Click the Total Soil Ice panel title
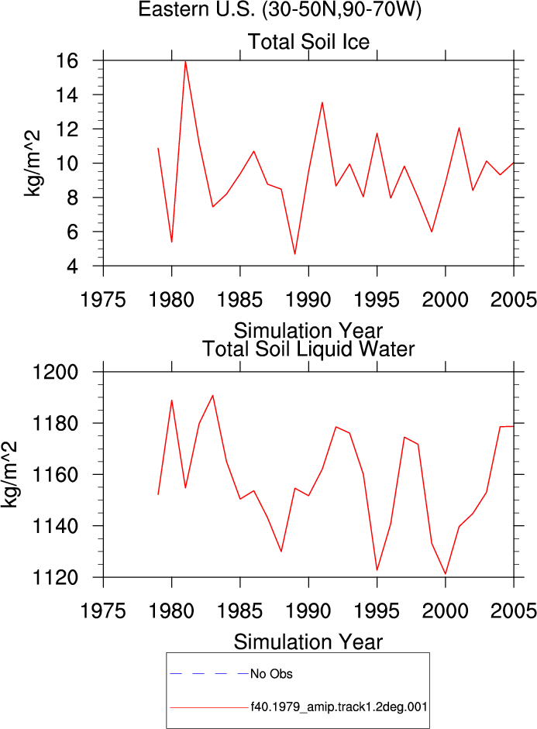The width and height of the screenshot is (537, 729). (x=308, y=42)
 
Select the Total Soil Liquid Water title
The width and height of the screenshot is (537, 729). (x=308, y=349)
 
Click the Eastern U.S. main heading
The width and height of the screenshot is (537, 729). (x=280, y=9)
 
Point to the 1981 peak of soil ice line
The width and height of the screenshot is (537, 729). (x=185, y=61)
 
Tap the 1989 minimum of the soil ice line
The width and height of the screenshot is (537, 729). (x=294, y=254)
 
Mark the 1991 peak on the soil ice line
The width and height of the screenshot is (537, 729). (x=322, y=102)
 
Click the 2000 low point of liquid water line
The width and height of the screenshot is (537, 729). (x=446, y=574)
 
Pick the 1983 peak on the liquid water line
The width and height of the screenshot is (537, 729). (x=213, y=396)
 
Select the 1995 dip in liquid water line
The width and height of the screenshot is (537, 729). (x=377, y=570)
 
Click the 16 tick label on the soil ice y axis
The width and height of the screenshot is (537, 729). (x=66, y=60)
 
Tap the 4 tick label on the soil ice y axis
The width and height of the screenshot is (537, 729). (x=72, y=266)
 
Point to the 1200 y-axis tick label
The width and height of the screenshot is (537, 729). (x=55, y=372)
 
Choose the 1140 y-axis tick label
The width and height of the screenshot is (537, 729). (x=55, y=526)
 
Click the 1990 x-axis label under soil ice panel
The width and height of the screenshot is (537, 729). (x=308, y=299)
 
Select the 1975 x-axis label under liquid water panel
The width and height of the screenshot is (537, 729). (x=103, y=610)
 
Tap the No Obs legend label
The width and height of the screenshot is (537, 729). (x=271, y=674)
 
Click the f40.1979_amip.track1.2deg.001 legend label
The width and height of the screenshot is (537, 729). (x=339, y=707)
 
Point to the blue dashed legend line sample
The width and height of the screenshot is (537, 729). (x=210, y=673)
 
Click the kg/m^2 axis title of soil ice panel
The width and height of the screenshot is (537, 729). (x=33, y=163)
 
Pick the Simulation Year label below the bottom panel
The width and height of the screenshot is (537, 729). (x=308, y=642)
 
